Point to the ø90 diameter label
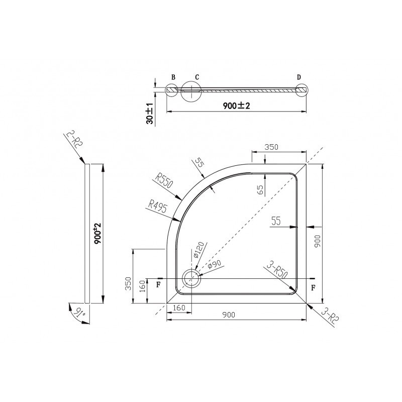coord(215,264)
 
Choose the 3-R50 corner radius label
coord(277,270)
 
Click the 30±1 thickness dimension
coord(150,114)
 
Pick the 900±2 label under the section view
coord(236,106)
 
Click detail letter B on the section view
coord(173,77)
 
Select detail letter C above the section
coord(197,77)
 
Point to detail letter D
coord(299,77)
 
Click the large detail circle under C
coord(181,92)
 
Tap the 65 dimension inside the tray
coord(260,189)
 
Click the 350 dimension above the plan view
coord(271,147)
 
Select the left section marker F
coord(159,285)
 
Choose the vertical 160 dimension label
coord(143,286)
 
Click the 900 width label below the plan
coord(229,315)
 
